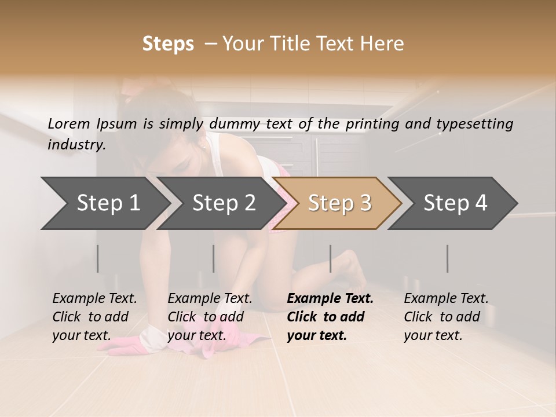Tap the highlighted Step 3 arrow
pos(339,203)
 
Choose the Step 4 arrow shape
pos(455,203)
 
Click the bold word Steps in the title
pos(168,44)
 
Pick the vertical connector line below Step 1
pos(98,258)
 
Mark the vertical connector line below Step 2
pos(214,258)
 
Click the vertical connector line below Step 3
pos(330,258)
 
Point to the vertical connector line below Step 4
pos(447,258)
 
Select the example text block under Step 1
pos(94,317)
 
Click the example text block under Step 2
pos(210,317)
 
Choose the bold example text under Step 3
pos(330,317)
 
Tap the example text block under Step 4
pos(446,317)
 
